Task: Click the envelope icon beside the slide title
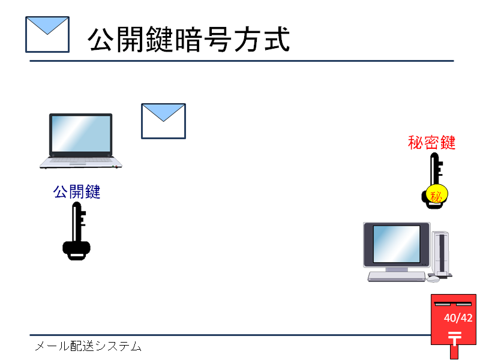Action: tap(47, 35)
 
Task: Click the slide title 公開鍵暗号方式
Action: tap(188, 39)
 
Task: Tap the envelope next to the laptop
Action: tap(163, 121)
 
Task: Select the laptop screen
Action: tap(81, 134)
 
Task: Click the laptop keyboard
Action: tap(81, 160)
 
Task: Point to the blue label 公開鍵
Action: tap(77, 192)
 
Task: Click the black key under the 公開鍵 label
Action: tap(77, 232)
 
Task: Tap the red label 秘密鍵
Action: tap(431, 143)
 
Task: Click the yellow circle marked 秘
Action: tap(437, 194)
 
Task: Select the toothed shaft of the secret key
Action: tap(435, 169)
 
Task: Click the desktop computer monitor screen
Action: tap(397, 244)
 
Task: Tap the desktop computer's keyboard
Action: tap(397, 277)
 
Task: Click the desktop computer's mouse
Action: tap(433, 278)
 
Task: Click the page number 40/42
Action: tap(458, 318)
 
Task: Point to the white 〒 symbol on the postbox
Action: tap(455, 338)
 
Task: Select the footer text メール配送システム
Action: tap(88, 346)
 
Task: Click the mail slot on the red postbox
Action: tap(453, 304)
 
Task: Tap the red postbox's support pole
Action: tap(454, 352)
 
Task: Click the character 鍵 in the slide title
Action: tap(159, 39)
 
